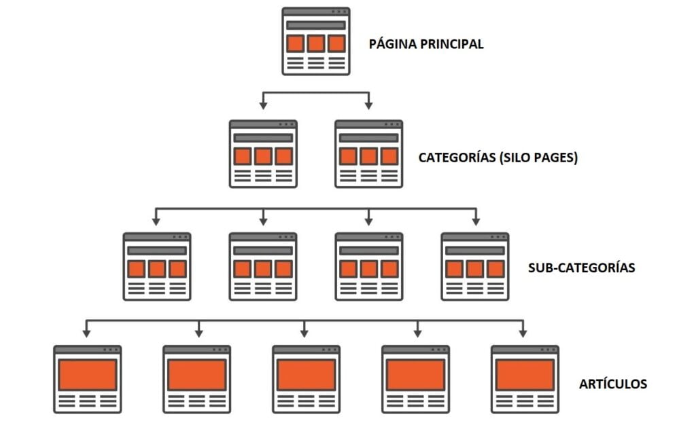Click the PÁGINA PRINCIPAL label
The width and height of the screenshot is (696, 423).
pyautogui.click(x=426, y=44)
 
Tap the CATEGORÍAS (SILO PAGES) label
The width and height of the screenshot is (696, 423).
pyautogui.click(x=498, y=158)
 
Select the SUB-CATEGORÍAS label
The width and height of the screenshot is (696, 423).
pyautogui.click(x=581, y=268)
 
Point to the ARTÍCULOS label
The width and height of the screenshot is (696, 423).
pyautogui.click(x=613, y=384)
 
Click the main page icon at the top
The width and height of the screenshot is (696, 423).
pyautogui.click(x=316, y=41)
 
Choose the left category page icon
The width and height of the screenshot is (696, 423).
pyautogui.click(x=263, y=154)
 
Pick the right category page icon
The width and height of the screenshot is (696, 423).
pyautogui.click(x=369, y=154)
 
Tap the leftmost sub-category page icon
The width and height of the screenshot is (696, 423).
pyautogui.click(x=157, y=267)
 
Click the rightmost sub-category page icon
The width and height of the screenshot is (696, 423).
pyautogui.click(x=475, y=267)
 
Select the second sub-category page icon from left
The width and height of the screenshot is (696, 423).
pyautogui.click(x=263, y=267)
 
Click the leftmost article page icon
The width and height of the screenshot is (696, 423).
pyautogui.click(x=88, y=379)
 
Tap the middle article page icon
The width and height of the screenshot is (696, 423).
pyautogui.click(x=306, y=379)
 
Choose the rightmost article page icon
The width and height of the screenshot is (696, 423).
pyautogui.click(x=525, y=379)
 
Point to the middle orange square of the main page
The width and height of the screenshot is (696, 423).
pyautogui.click(x=316, y=44)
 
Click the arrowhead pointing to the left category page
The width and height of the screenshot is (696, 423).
pyautogui.click(x=263, y=105)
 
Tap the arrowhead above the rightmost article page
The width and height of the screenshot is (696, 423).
pyautogui.click(x=523, y=333)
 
